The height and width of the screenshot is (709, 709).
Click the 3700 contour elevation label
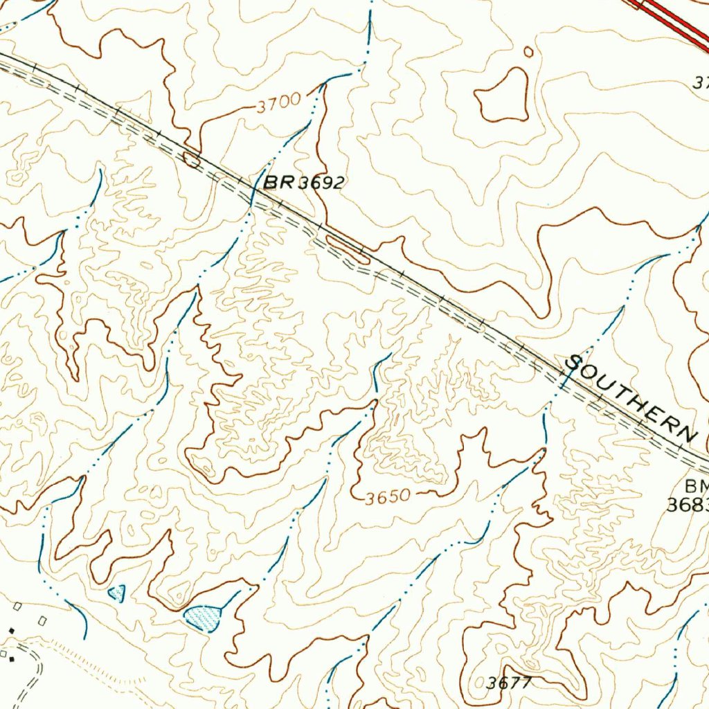tap(278, 104)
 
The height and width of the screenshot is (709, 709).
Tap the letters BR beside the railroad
tap(278, 182)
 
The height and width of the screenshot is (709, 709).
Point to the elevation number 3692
tap(321, 183)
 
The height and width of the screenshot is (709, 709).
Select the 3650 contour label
tap(389, 496)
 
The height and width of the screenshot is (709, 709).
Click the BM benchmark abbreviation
tap(697, 485)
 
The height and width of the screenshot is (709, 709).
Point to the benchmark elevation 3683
tap(688, 505)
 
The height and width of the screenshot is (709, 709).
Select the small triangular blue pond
tap(117, 593)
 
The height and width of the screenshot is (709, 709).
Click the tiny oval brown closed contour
tap(529, 51)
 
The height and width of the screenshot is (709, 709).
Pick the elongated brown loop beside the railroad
tap(347, 249)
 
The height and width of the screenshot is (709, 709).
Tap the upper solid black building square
tap(11, 631)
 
